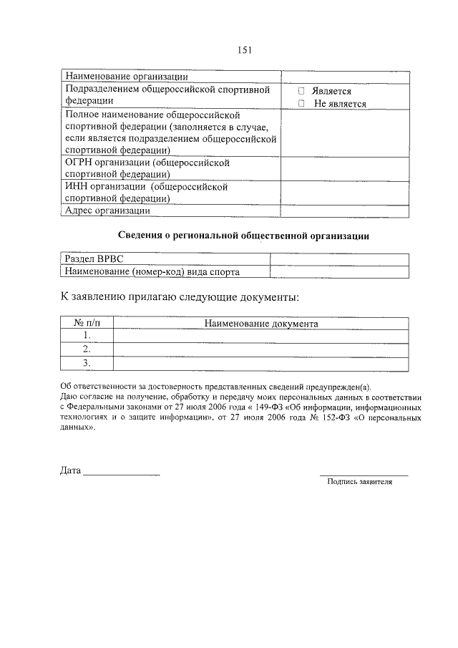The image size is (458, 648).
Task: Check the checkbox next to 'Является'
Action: [x=301, y=92]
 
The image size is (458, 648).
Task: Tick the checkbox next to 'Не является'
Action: [x=301, y=104]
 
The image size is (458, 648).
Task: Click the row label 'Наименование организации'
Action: [x=127, y=77]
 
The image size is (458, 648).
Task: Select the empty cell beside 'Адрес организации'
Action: [x=346, y=211]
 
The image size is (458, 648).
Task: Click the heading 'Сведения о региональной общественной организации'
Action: [x=243, y=235]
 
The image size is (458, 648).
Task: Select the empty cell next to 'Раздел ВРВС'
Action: [x=339, y=259]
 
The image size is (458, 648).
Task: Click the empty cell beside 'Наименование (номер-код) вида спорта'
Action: [x=339, y=271]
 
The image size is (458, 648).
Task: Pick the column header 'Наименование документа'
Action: [x=261, y=323]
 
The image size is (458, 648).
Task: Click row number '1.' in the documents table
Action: [x=87, y=335]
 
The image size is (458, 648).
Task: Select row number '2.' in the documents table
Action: [x=87, y=349]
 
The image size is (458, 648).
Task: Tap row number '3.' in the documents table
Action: [x=87, y=363]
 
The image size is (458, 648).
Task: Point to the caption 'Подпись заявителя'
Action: [x=359, y=482]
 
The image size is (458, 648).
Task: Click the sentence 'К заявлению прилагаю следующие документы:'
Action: [x=178, y=297]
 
